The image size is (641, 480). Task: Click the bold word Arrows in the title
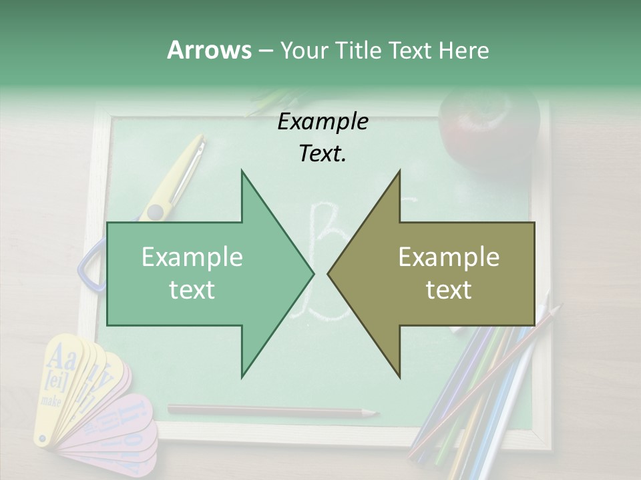pos(209,50)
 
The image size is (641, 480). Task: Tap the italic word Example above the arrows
pos(323,122)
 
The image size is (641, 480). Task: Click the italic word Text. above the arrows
pos(323,154)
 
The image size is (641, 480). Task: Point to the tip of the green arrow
pos(312,273)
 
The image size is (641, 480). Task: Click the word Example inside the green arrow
pos(192,257)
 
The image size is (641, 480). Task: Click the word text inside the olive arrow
pos(449,290)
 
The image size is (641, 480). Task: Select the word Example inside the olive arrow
pos(449,257)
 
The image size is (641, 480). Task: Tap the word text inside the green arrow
pos(192,290)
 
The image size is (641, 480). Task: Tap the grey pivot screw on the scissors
pos(156,213)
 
